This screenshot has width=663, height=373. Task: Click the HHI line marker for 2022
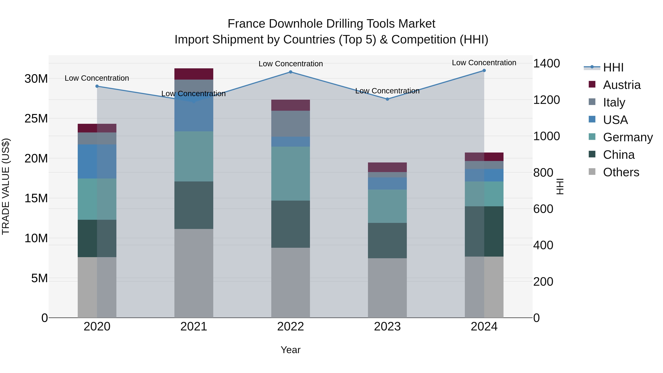point(291,72)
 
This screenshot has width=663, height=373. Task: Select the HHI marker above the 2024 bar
point(484,70)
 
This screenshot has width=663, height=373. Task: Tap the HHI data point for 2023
point(387,99)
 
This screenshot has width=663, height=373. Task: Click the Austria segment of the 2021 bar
point(194,74)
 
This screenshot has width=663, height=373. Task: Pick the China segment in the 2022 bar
point(291,224)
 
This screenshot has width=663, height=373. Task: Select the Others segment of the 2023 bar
point(387,288)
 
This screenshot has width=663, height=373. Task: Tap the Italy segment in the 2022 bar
point(291,124)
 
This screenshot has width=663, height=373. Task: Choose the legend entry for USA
point(615,120)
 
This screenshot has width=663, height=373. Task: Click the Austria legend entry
point(622,85)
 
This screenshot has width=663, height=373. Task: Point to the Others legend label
point(621,172)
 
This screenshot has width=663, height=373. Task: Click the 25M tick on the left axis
point(36,118)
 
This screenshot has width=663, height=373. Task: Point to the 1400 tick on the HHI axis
point(546,63)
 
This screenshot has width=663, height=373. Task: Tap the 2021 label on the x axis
point(194,327)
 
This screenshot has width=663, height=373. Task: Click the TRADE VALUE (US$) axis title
point(6,186)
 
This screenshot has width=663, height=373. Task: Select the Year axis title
point(291,350)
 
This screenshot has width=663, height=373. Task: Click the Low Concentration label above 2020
point(97,78)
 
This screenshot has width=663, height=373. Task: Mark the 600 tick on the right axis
point(543,209)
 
